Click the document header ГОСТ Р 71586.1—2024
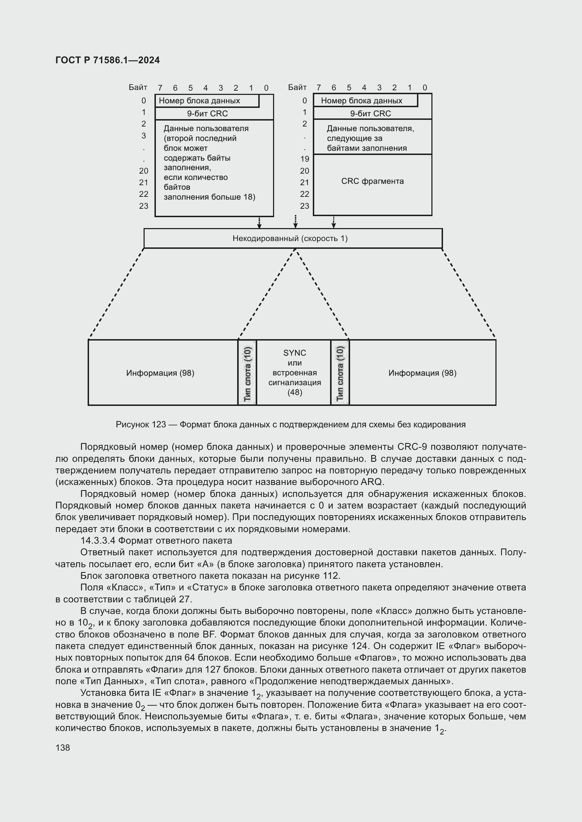[x=108, y=60]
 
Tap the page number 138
[x=63, y=747]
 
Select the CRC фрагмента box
[x=372, y=181]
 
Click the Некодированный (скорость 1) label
[x=290, y=238]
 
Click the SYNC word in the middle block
[x=295, y=352]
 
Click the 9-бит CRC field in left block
[x=207, y=114]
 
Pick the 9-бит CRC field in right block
[x=370, y=114]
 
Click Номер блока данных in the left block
[x=199, y=101]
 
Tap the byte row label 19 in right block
[x=305, y=159]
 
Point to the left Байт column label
[x=138, y=88]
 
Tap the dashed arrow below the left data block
[x=259, y=222]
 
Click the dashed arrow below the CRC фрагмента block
[x=334, y=222]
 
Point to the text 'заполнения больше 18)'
[x=209, y=197]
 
